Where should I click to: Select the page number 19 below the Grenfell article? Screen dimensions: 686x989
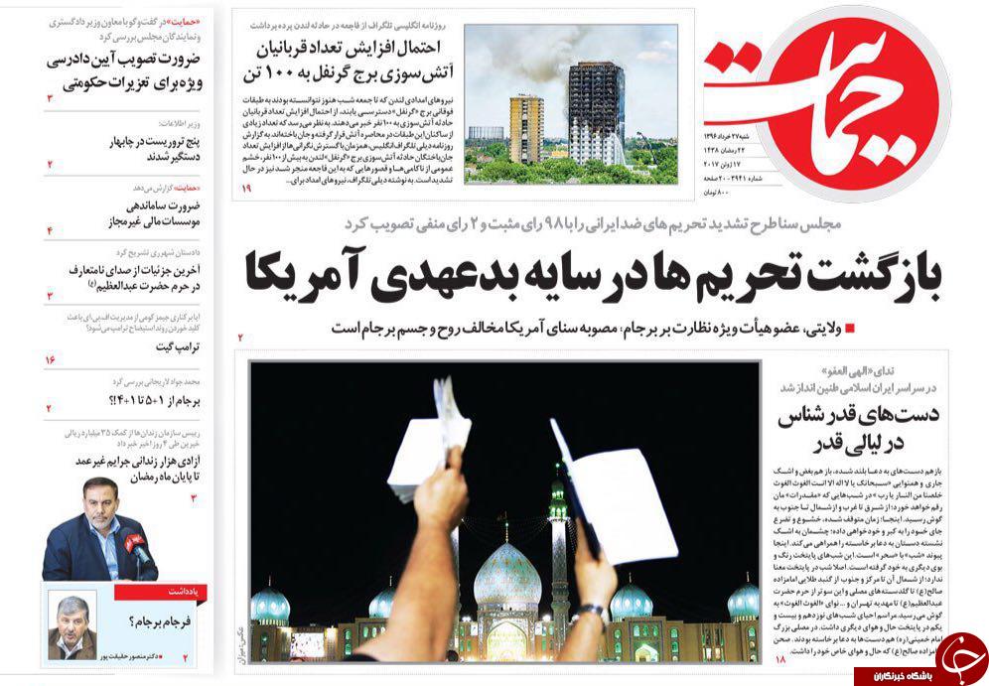[246, 189]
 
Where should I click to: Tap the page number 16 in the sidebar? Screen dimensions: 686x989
[50, 358]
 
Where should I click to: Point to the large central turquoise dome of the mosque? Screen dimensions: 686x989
[506, 576]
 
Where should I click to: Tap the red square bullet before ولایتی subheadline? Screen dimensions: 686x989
[849, 329]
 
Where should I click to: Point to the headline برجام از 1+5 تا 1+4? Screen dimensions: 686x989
[155, 400]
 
